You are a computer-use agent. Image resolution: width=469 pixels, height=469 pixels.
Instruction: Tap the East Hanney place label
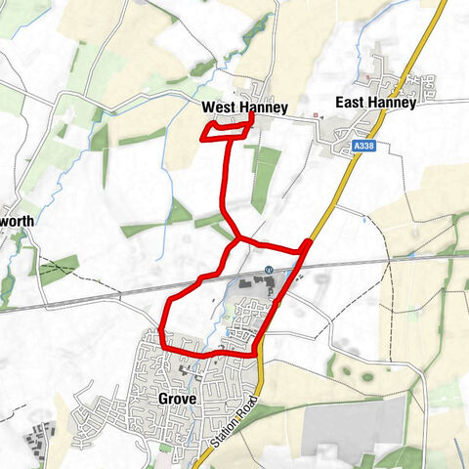coord(375,102)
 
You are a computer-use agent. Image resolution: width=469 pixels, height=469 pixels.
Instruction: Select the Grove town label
coord(177,400)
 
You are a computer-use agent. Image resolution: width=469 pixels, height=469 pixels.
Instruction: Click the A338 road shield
coord(363,145)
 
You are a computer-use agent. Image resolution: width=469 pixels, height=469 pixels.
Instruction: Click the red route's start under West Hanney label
coord(252,116)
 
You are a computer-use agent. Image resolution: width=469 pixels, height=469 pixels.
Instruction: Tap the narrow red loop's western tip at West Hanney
coord(202,137)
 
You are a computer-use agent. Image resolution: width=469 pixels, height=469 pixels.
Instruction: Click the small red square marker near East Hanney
coord(316,114)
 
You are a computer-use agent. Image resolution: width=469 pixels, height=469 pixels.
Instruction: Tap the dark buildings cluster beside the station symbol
coord(252,283)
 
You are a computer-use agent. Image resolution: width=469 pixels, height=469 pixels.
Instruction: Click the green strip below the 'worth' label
coord(59,269)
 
